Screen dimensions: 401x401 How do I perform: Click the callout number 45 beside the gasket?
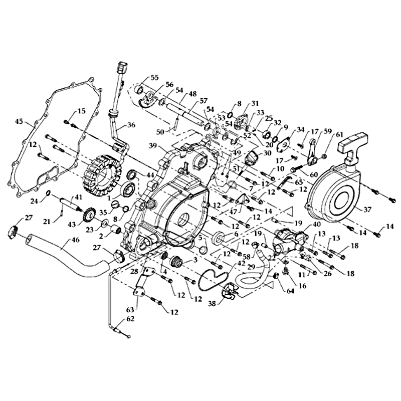(19, 121)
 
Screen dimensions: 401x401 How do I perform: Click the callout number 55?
(154, 78)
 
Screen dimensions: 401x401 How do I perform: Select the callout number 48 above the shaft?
(179, 94)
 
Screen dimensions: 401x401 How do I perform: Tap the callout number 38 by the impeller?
(213, 304)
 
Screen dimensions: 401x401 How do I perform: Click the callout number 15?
(81, 110)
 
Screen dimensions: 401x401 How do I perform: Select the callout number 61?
(340, 135)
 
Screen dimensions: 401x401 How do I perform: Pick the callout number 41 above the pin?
(78, 197)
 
